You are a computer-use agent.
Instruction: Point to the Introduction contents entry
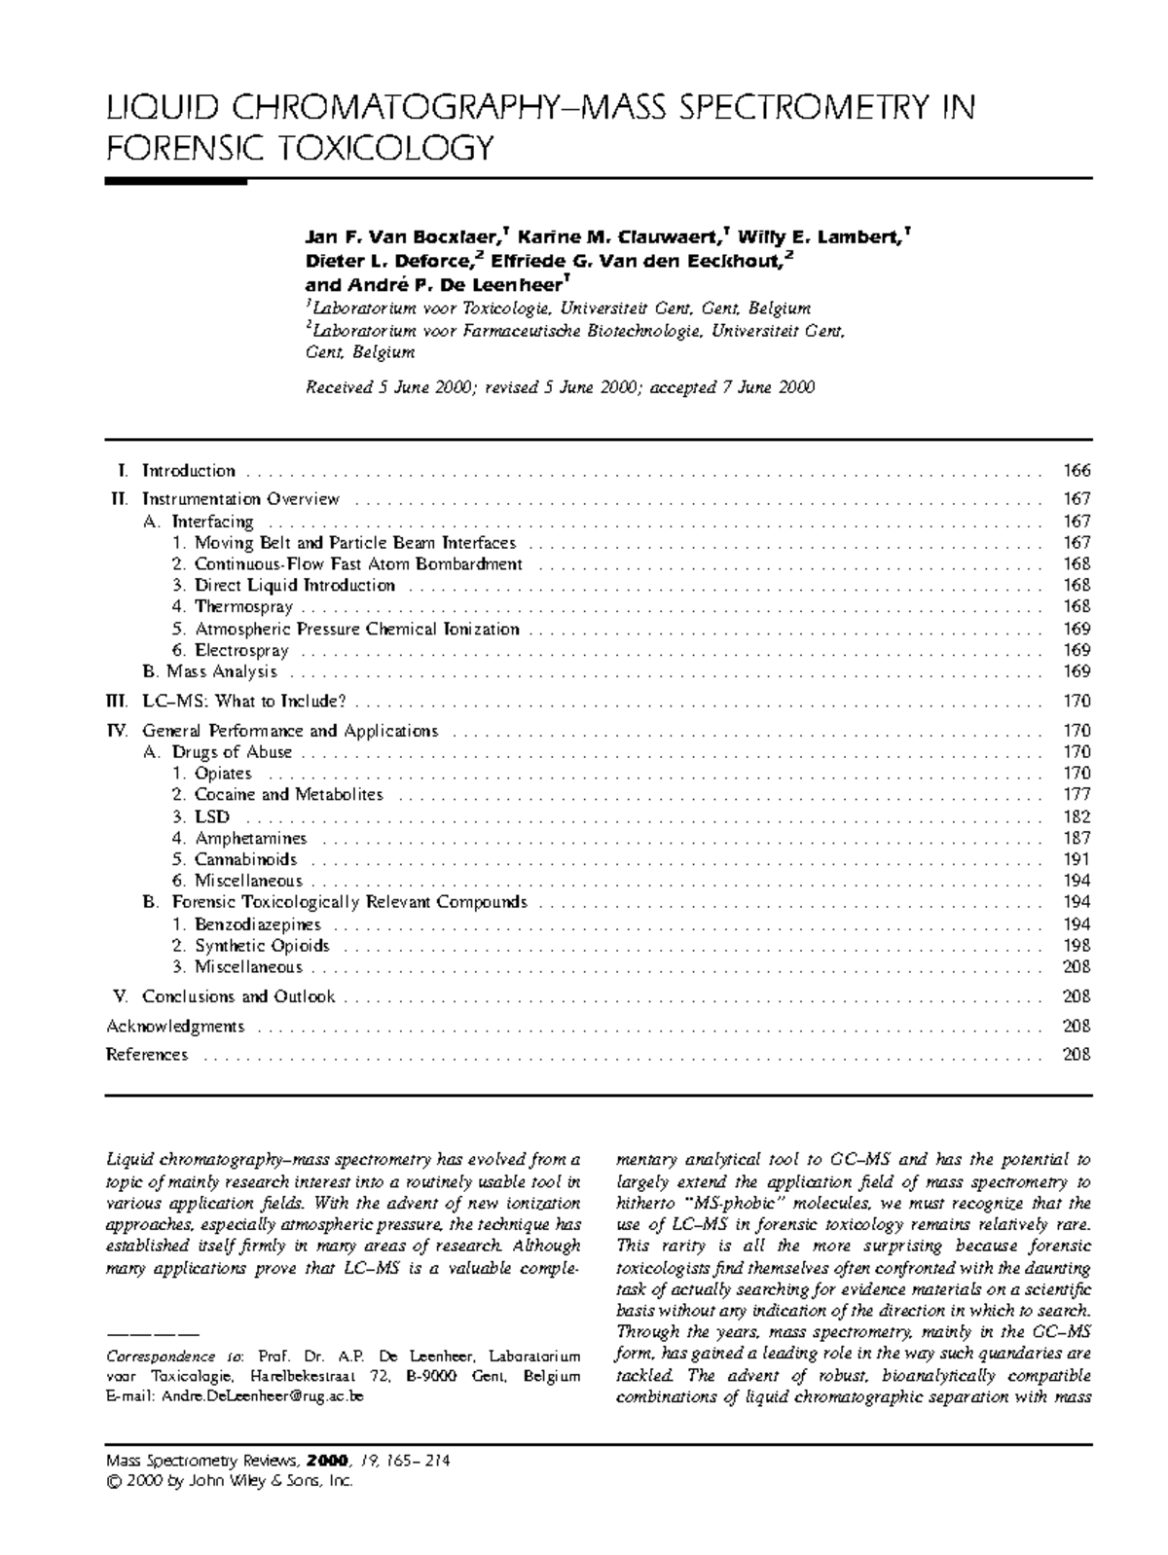tap(189, 471)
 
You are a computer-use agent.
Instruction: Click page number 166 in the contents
tap(1077, 471)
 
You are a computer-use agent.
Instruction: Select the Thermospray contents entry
tap(243, 607)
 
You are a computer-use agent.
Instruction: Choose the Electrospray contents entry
tap(241, 650)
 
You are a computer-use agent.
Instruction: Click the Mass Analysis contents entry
tap(221, 671)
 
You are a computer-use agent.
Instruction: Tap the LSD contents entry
tap(212, 816)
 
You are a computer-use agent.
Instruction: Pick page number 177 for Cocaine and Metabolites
tap(1077, 795)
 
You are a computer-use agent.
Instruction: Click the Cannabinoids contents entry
tap(245, 859)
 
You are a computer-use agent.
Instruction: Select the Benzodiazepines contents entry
tap(257, 924)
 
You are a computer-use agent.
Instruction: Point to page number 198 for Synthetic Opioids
tap(1077, 946)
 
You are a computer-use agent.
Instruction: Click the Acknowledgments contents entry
tap(175, 1026)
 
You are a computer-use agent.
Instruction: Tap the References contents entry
tap(147, 1055)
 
